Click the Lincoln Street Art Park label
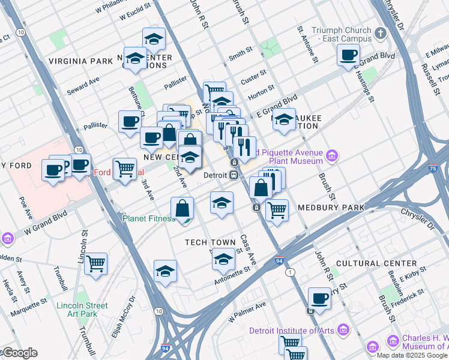coord(82,310)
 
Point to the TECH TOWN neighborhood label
coord(210,242)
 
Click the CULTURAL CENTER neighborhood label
coord(376,263)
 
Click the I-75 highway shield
coord(433,170)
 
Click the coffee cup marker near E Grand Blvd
coord(348,56)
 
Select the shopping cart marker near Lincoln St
coord(95,263)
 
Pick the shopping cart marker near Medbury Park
coord(276,210)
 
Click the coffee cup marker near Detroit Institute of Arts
coord(319,298)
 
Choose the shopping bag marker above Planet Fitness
coord(182,208)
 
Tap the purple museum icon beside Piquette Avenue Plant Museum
coord(332,157)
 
